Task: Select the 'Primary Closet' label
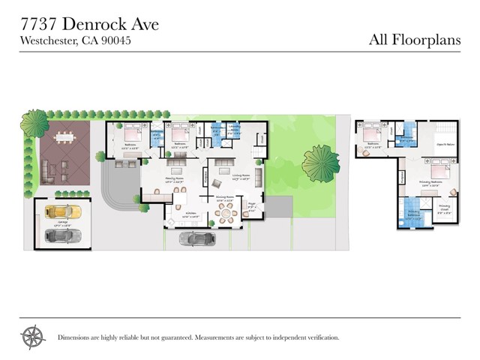pos(443,211)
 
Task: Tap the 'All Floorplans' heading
pos(413,39)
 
